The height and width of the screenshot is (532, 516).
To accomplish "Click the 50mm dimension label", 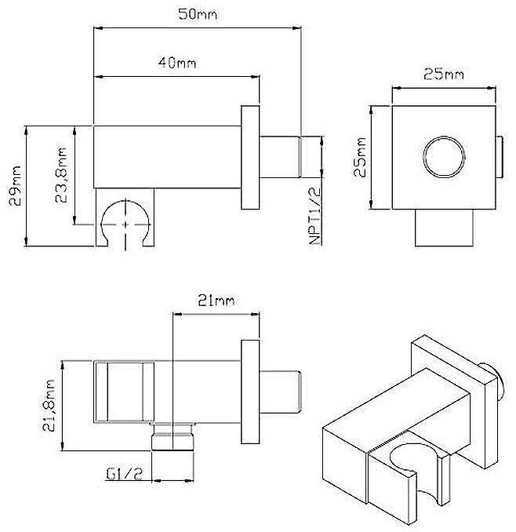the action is click(198, 14).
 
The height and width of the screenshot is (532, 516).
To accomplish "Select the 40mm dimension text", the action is click(176, 63).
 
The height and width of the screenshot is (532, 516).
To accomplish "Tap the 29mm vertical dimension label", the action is click(15, 185).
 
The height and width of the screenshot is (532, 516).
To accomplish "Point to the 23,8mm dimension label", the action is click(61, 175).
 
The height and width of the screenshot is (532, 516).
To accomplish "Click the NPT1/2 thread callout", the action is click(315, 216).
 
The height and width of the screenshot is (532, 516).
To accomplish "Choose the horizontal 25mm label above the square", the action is click(443, 74).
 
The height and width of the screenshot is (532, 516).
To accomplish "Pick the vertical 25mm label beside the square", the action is click(359, 157).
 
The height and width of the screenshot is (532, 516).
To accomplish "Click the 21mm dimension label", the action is click(216, 301).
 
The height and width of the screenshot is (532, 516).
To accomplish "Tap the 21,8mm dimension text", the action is click(49, 406).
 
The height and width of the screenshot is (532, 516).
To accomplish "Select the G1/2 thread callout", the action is click(125, 473).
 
